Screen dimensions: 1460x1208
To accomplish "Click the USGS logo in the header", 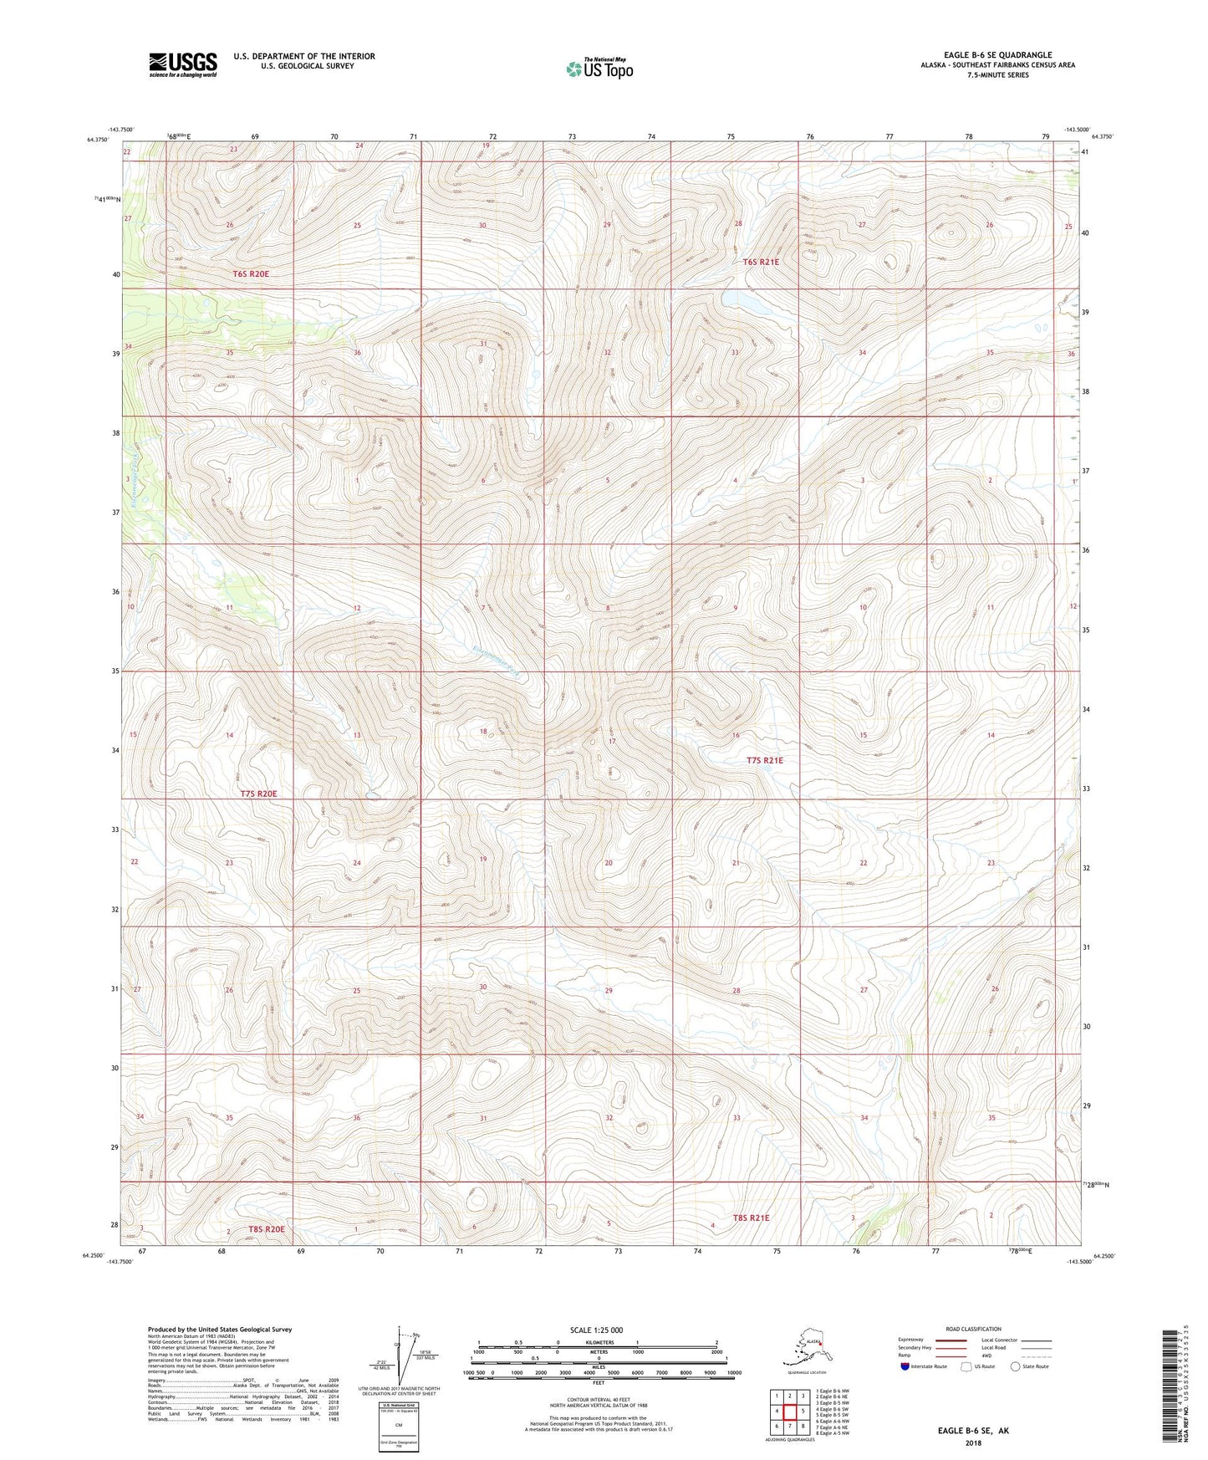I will [x=183, y=64].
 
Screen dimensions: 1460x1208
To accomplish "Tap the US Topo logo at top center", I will [x=599, y=69].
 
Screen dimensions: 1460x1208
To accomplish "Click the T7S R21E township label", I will [x=764, y=760].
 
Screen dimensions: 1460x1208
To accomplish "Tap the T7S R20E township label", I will [x=258, y=794].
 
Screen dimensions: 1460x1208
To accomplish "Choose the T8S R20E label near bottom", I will [x=266, y=1229].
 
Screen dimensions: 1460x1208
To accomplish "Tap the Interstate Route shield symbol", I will [x=905, y=1366].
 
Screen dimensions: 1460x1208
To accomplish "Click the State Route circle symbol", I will [x=1015, y=1366].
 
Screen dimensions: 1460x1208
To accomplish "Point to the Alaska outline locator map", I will [x=805, y=1349].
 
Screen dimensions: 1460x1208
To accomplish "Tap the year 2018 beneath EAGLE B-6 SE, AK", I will [x=972, y=1442].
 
